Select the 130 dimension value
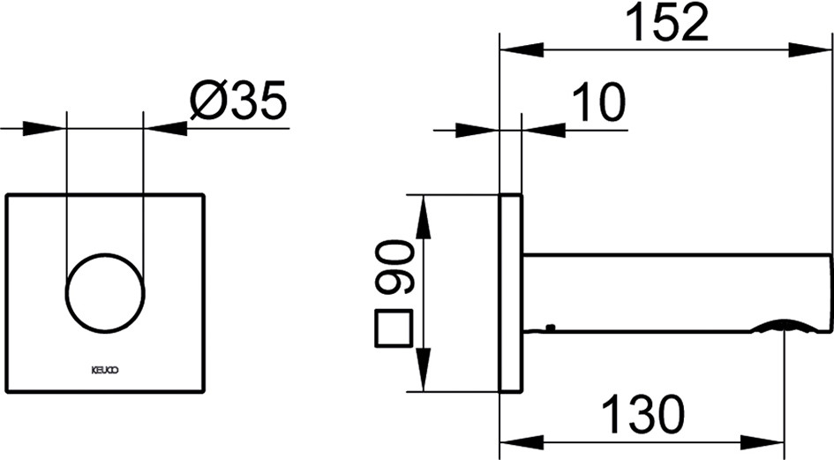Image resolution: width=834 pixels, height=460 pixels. click(x=643, y=414)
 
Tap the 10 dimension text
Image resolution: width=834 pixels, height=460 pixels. click(x=599, y=102)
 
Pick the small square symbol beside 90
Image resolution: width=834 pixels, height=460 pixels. click(x=394, y=328)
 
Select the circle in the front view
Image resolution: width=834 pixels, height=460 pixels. click(x=105, y=293)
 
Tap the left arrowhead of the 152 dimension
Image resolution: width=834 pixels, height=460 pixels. click(x=522, y=50)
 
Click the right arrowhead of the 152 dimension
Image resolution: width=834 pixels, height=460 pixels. click(x=810, y=50)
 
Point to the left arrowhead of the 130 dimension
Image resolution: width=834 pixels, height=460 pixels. click(x=522, y=441)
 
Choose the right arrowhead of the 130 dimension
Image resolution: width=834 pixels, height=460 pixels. click(x=763, y=441)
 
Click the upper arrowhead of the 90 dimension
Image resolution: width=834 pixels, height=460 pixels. click(x=423, y=216)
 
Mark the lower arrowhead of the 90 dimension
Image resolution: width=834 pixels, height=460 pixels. click(x=423, y=369)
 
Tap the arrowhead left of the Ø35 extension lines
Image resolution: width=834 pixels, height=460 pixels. click(x=43, y=128)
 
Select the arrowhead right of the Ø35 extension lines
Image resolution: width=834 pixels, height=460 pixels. click(x=165, y=128)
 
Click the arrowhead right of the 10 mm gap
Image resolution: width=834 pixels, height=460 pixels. click(x=544, y=130)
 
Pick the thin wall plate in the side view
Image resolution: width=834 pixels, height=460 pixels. click(x=512, y=293)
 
